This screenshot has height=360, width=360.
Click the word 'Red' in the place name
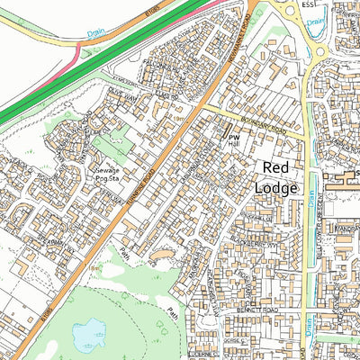278,168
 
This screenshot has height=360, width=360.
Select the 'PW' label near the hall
231,135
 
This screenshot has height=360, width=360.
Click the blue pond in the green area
86,334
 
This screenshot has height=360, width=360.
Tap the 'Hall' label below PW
233,144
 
